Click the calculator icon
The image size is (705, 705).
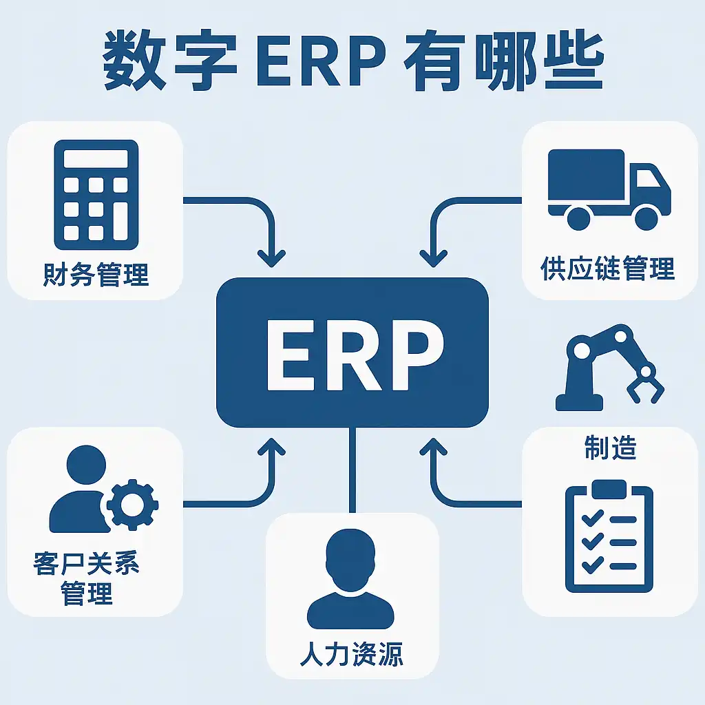pos(96,194)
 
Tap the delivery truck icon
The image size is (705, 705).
pos(609,189)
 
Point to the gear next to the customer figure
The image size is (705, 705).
pos(132,505)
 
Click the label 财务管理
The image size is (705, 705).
pos(96,274)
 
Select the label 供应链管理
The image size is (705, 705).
pos(609,269)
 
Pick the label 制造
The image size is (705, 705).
pos(610,448)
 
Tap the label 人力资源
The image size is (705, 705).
pos(352,653)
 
